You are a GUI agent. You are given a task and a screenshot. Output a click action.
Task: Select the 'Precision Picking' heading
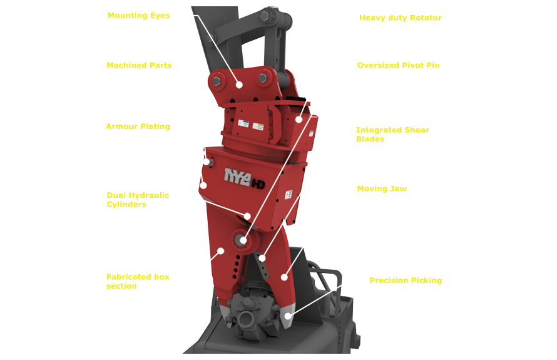(405, 280)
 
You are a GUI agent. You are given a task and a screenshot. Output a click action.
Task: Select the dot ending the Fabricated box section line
(221, 250)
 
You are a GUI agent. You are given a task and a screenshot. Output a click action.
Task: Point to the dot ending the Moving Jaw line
(284, 275)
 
